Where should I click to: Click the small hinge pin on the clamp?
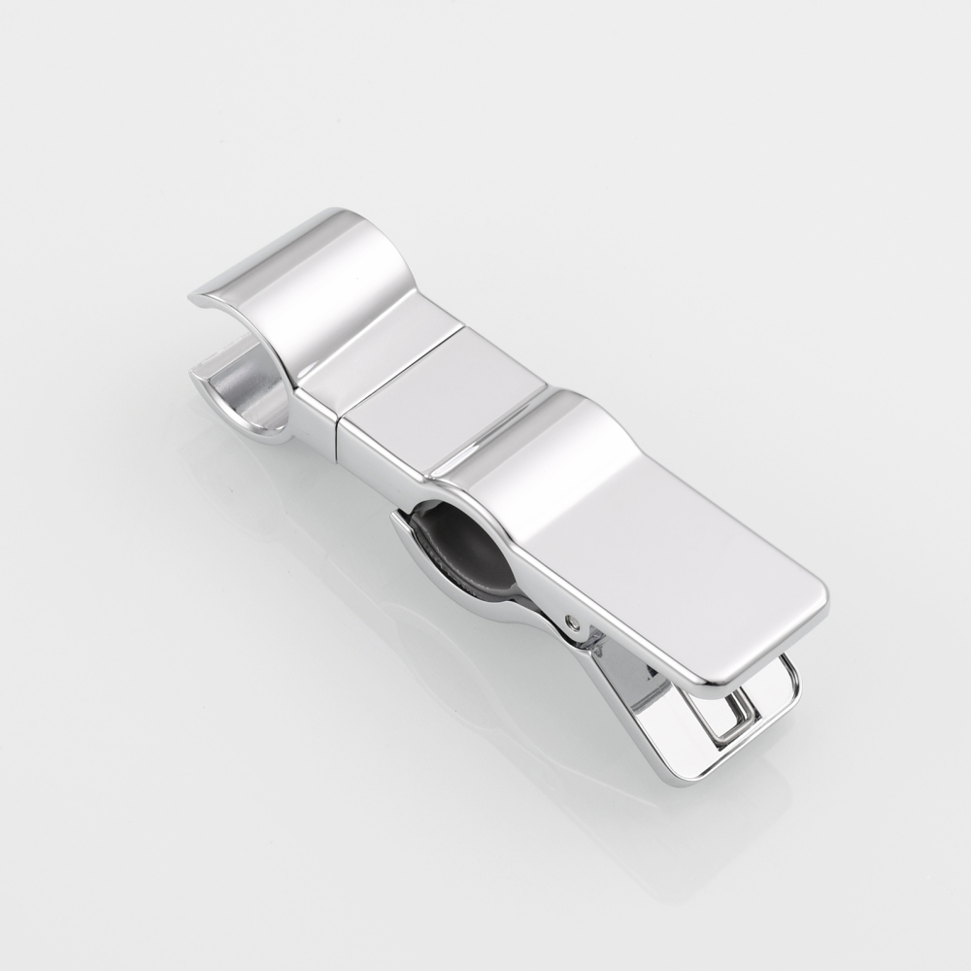tap(580, 621)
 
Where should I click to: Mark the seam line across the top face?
tap(398, 369)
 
